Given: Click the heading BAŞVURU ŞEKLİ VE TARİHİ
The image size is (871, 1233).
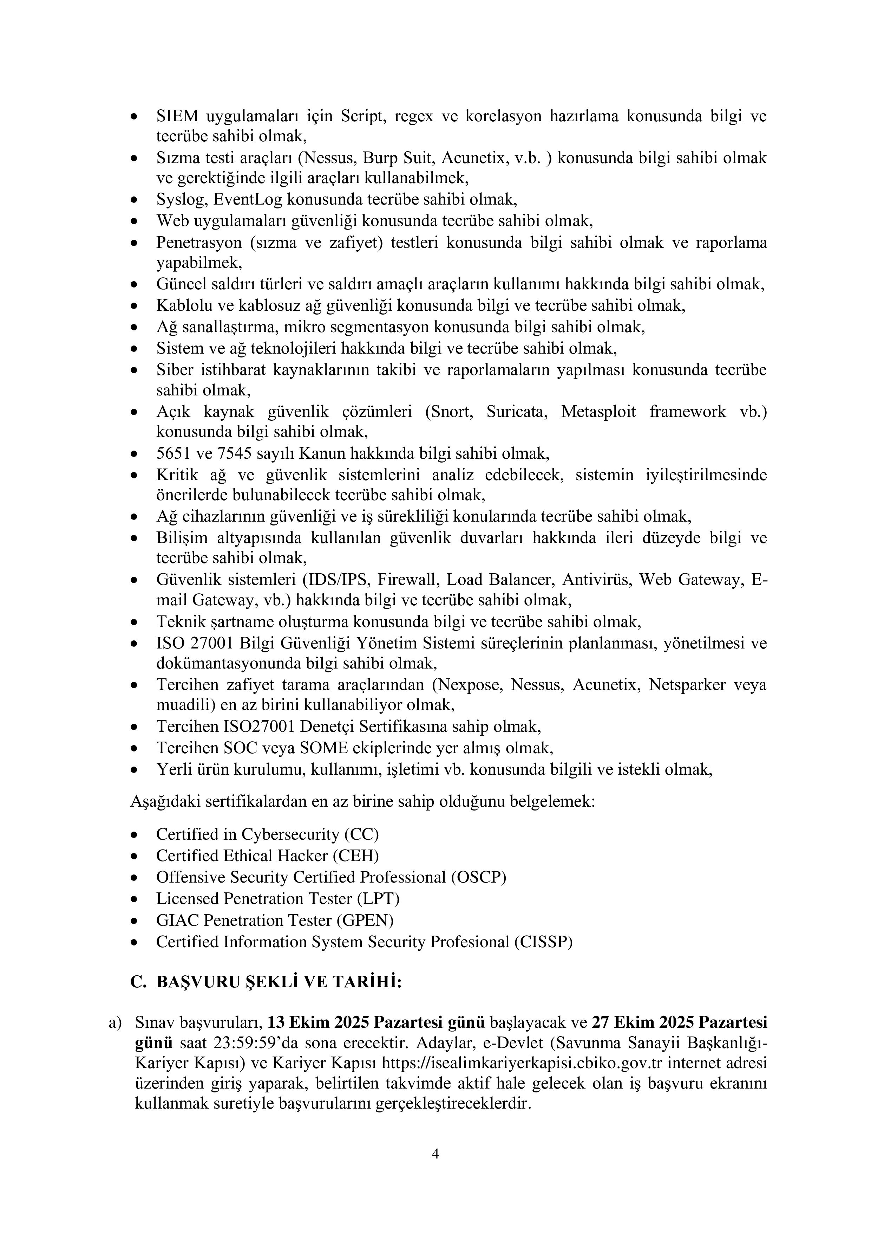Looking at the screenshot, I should click(x=279, y=982).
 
